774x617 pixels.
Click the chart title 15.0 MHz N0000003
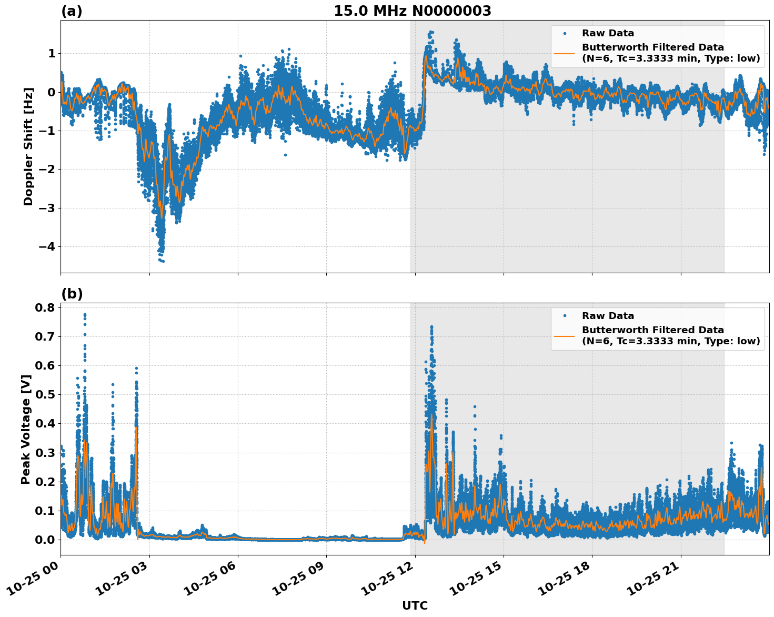point(412,11)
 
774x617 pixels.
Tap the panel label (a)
point(72,11)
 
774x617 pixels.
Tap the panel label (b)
point(72,294)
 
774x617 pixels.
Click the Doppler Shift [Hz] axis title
point(28,146)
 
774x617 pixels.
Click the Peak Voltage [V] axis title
point(26,429)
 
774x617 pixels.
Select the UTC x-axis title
point(415,605)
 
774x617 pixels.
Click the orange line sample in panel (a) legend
point(564,53)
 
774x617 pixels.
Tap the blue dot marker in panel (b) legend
point(564,316)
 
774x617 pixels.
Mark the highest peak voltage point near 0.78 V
point(85,315)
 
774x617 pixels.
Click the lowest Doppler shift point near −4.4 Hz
point(163,261)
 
